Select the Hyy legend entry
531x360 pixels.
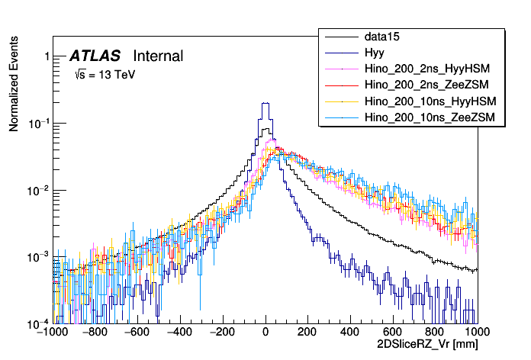tap(374, 53)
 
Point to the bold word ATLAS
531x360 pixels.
tap(95, 56)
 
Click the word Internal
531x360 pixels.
tap(158, 56)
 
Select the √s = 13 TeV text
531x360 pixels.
tap(105, 75)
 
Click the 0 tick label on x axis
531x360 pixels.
tap(265, 333)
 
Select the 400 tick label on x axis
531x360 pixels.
tap(350, 333)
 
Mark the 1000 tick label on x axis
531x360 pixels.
tap(477, 333)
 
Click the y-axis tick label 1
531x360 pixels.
tap(47, 56)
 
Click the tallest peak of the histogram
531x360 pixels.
tap(265, 103)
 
